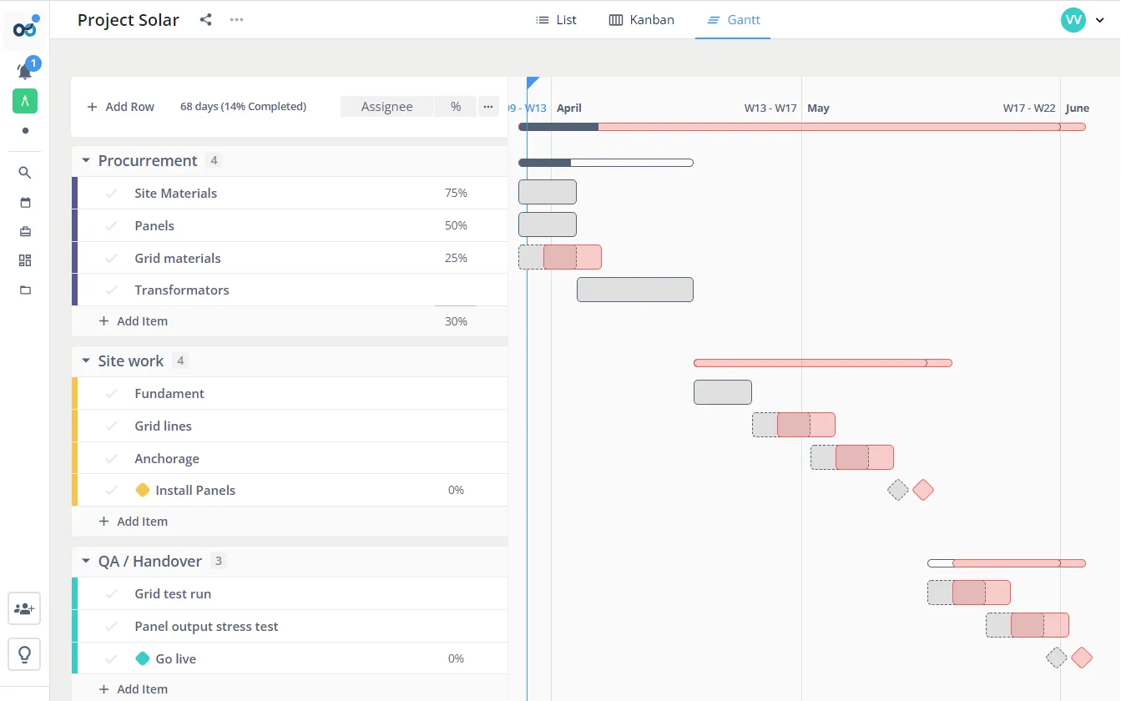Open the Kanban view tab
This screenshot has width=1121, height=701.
click(x=641, y=20)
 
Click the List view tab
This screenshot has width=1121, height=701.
click(x=556, y=20)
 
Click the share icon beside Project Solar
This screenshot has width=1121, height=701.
click(x=205, y=20)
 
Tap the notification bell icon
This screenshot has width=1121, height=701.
click(x=25, y=71)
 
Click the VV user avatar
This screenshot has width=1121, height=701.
click(x=1073, y=20)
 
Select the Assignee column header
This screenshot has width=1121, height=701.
click(x=386, y=107)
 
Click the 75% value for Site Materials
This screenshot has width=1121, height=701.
click(x=456, y=193)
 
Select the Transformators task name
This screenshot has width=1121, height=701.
click(x=181, y=290)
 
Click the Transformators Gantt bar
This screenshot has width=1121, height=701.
click(x=634, y=290)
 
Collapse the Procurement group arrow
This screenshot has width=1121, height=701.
click(x=86, y=160)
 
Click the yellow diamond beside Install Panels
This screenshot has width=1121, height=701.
click(x=143, y=491)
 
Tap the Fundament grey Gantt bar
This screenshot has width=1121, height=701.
click(x=722, y=392)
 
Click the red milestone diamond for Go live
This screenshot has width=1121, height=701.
click(x=1082, y=658)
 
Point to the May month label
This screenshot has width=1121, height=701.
click(x=818, y=108)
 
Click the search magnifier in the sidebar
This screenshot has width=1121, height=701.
click(x=25, y=173)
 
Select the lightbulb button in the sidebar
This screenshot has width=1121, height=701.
click(x=25, y=654)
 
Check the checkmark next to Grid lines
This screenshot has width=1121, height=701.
click(x=111, y=426)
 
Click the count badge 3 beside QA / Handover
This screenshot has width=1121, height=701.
click(x=219, y=561)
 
